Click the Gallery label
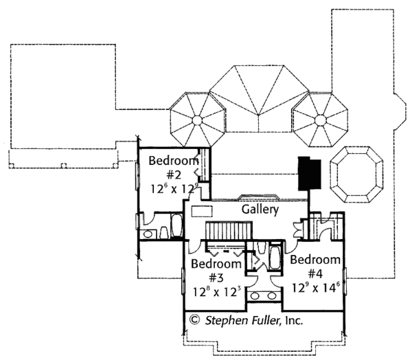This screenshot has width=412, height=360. click(x=260, y=210)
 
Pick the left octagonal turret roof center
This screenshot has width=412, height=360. click(x=197, y=120)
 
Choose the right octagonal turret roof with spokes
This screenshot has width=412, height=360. click(x=319, y=120)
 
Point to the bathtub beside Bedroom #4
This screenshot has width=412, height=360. click(x=273, y=260)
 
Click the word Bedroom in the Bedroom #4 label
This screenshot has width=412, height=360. click(x=315, y=260)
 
